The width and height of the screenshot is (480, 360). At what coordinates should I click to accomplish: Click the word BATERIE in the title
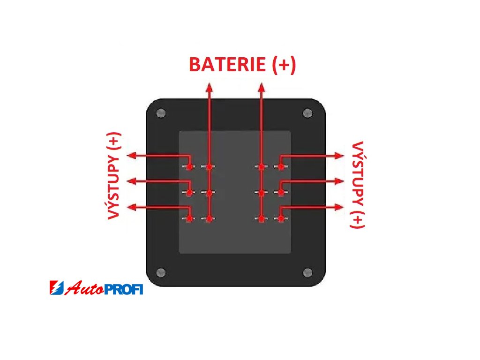(x=228, y=65)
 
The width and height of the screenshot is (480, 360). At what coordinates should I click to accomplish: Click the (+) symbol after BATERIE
(x=284, y=65)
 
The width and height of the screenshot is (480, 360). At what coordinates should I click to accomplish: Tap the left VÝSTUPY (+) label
(x=114, y=176)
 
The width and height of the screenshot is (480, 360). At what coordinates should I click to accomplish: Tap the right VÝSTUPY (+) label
(x=357, y=185)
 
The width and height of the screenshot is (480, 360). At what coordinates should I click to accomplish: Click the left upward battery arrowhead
(x=209, y=87)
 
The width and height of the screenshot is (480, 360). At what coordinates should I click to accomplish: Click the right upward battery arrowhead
(x=262, y=87)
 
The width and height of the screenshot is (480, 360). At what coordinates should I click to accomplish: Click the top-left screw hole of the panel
(x=161, y=113)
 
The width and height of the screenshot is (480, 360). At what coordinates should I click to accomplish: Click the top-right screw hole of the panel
(x=308, y=113)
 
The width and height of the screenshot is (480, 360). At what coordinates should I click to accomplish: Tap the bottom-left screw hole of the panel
(x=161, y=272)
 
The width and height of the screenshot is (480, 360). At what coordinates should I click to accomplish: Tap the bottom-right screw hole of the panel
(x=308, y=272)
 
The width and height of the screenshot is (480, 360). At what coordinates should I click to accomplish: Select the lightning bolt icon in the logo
(x=55, y=288)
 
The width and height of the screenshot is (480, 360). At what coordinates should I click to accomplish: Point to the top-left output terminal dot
(x=189, y=166)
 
